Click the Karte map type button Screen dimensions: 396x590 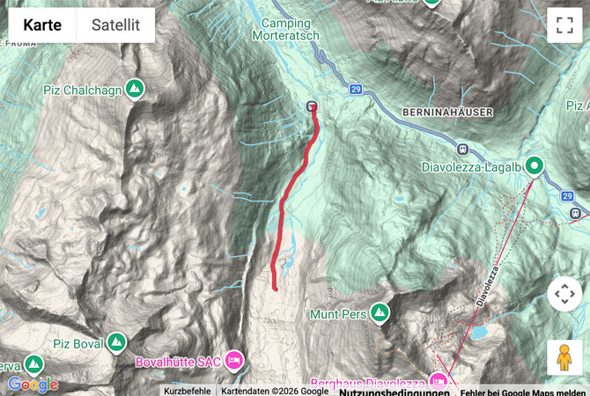42,26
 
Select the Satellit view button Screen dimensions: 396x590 115,26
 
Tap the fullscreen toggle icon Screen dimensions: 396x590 564,25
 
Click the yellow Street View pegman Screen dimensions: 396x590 564,357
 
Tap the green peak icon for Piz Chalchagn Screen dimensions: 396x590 134,88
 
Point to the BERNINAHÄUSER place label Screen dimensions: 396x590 447,113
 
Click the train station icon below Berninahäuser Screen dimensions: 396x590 461,148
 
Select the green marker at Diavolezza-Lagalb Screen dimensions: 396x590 535,165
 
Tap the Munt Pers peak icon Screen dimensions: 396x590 380,312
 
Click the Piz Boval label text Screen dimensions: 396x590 77,342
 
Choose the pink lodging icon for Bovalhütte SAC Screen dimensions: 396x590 233,359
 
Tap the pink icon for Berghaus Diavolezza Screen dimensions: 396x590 438,381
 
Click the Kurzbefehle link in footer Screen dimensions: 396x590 187,391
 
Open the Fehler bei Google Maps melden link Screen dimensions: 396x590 522,391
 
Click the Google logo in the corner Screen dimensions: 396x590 33,384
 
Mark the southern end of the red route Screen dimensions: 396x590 275,287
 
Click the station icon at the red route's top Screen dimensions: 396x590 312,106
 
